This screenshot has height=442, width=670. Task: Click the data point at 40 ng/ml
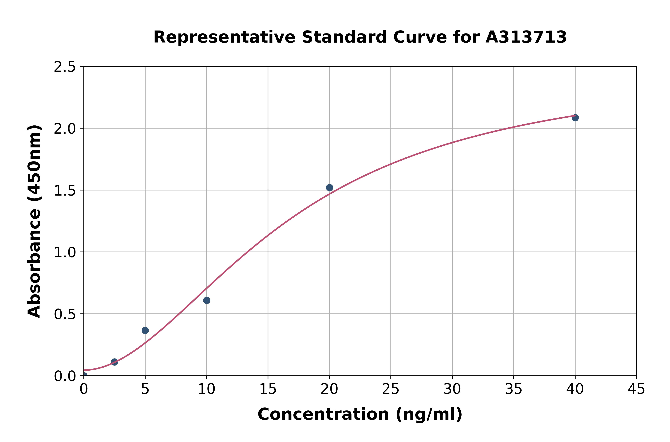575,118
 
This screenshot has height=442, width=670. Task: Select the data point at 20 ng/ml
329,188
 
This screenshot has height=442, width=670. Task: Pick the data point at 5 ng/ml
145,330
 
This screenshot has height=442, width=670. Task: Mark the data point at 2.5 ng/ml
114,362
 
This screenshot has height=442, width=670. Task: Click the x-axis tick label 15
268,389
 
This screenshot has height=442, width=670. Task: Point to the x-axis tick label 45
636,389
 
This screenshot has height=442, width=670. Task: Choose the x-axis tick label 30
452,389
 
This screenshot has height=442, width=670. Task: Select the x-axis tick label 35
514,389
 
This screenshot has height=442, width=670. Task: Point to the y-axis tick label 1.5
65,190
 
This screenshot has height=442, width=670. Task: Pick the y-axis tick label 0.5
65,314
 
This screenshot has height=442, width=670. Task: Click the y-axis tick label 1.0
65,252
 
